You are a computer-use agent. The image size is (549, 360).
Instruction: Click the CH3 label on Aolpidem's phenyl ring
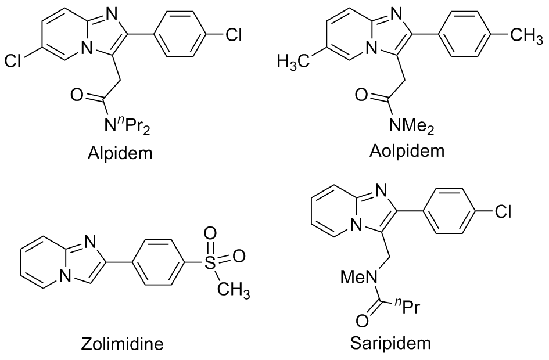(525, 36)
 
